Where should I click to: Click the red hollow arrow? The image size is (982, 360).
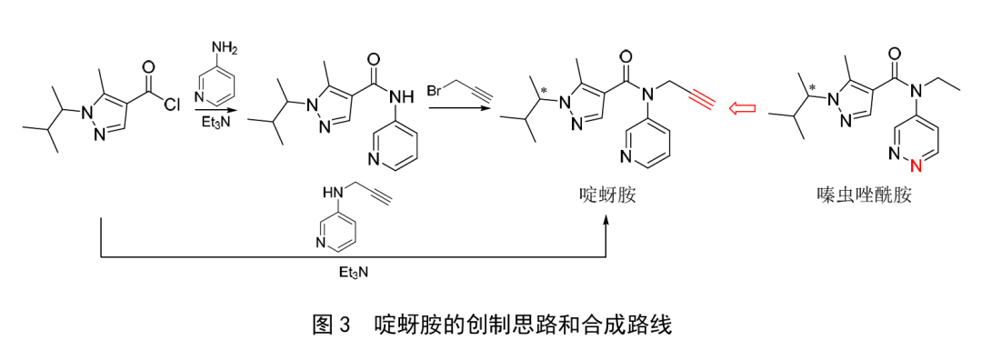pyautogui.click(x=744, y=108)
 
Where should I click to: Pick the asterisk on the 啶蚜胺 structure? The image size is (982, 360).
pyautogui.click(x=545, y=88)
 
